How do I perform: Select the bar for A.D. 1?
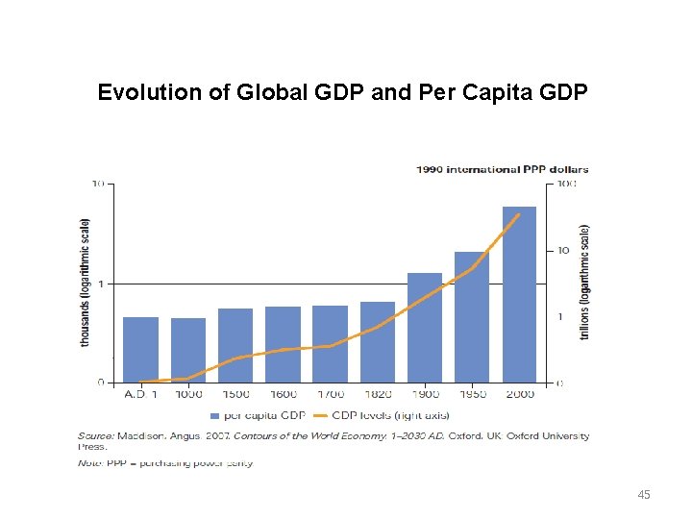140,350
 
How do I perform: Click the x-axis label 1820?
378,394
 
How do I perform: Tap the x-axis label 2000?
519,394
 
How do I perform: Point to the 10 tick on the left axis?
98,184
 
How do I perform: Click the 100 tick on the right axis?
567,184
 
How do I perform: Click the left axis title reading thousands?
85,283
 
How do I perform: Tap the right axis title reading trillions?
584,283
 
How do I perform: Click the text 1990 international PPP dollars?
502,169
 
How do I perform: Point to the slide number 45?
644,494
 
